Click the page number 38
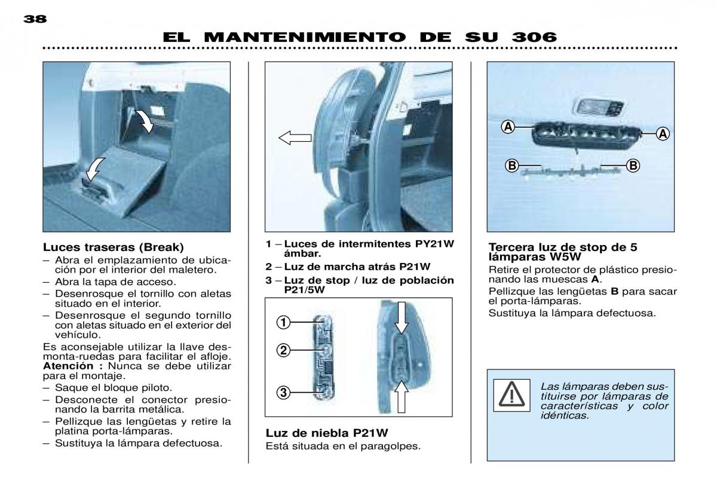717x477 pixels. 35,19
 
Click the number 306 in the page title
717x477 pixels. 535,37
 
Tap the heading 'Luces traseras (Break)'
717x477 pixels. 114,247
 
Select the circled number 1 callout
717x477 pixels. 283,322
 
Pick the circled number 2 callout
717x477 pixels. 283,350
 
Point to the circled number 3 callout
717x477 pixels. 283,393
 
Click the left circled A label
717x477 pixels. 508,127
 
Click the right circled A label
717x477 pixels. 663,134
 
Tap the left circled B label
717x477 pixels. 512,166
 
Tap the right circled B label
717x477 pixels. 633,166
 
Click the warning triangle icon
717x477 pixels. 511,395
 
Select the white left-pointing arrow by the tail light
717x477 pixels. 295,138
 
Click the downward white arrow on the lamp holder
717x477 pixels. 402,317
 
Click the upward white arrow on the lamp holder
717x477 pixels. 402,396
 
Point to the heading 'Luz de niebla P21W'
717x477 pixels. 327,433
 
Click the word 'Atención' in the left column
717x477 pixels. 73,366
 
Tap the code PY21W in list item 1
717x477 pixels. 434,244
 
